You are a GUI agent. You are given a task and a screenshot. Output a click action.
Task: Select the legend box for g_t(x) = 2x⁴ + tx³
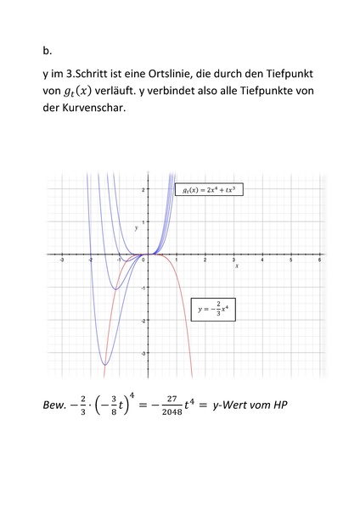tap(209, 190)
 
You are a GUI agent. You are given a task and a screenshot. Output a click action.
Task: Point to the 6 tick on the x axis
tap(318, 260)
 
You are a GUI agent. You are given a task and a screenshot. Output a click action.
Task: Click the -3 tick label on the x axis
tap(62, 260)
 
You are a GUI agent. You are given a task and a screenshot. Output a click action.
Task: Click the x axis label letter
tap(237, 266)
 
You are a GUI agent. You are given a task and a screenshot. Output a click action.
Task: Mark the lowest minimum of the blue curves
tap(105, 365)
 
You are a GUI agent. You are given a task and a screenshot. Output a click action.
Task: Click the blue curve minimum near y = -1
tap(115, 290)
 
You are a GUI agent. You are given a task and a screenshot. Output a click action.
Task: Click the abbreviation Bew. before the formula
tap(56, 405)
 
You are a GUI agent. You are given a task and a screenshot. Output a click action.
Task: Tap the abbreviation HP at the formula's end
tap(279, 405)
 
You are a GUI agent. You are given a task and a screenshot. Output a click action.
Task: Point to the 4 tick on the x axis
tap(262, 260)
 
